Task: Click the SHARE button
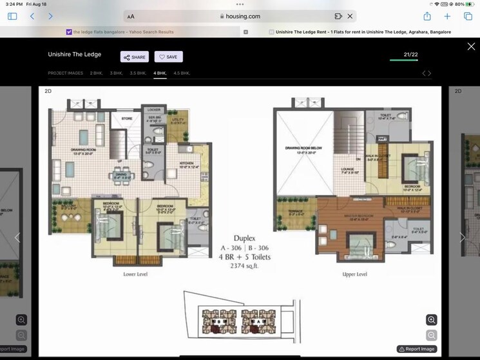[135, 57]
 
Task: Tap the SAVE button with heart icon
[168, 57]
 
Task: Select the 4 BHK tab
[160, 73]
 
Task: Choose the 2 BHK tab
[96, 73]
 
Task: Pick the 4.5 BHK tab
[182, 73]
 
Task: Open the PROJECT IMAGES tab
[65, 73]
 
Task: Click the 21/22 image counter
[410, 55]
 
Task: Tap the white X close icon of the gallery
[471, 46]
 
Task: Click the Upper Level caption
[354, 274]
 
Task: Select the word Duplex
[244, 238]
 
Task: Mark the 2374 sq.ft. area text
[244, 265]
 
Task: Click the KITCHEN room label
[187, 164]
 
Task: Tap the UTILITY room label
[175, 119]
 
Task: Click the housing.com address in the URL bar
[240, 16]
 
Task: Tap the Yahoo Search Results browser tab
[122, 32]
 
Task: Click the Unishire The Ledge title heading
[74, 55]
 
